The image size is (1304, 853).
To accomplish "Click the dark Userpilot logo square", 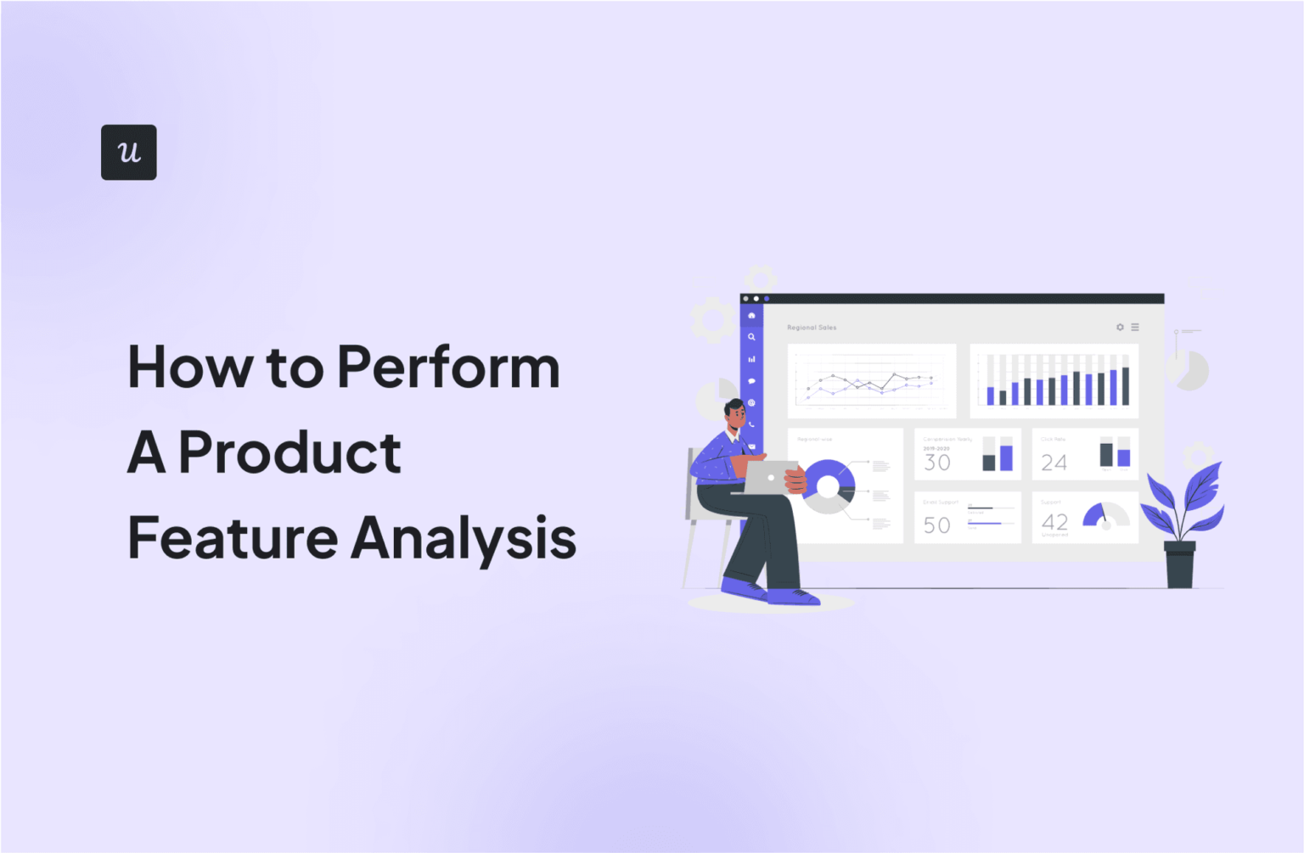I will click(x=128, y=152).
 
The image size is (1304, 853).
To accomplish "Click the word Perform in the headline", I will click(x=448, y=368).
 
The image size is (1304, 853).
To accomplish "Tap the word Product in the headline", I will click(x=289, y=452).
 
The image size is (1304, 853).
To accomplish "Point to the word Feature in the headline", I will click(x=233, y=538).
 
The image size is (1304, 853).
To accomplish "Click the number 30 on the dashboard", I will click(x=937, y=463).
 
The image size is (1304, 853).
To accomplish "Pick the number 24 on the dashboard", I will click(x=1054, y=463).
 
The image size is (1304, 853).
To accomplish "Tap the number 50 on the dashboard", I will click(x=937, y=525).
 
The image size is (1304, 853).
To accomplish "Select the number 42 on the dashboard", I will click(x=1054, y=522).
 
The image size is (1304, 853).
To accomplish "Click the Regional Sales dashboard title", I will click(x=812, y=327).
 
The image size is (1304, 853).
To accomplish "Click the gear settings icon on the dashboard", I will click(x=1120, y=327).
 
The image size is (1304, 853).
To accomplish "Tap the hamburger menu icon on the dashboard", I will click(x=1135, y=327).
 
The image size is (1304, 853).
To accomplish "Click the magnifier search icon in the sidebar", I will click(x=751, y=337).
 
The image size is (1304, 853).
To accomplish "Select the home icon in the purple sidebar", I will click(x=751, y=316).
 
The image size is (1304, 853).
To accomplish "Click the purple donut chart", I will click(x=829, y=486).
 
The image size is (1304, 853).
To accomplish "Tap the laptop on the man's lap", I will click(x=769, y=477).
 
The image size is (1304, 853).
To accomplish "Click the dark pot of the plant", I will click(x=1179, y=564).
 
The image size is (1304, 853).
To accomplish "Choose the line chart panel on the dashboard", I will click(x=871, y=381).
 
